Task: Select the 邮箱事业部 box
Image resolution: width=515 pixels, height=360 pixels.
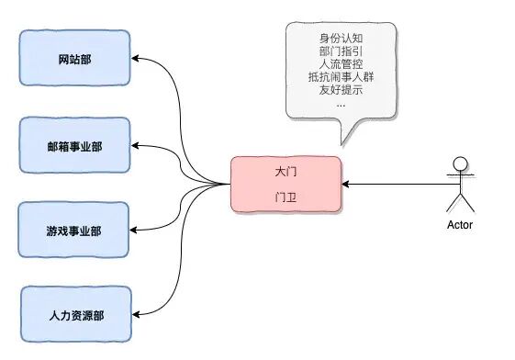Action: [76, 144]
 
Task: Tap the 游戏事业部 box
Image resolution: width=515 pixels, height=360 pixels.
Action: [76, 230]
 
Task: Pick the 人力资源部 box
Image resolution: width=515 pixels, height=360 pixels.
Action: [76, 314]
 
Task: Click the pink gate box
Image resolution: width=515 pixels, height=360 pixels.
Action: [285, 184]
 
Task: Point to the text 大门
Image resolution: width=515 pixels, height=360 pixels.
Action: [285, 172]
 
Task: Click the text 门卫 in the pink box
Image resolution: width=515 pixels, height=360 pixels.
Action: [285, 197]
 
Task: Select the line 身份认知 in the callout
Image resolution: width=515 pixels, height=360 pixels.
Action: [341, 38]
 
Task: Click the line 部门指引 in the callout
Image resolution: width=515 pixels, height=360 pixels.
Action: [341, 51]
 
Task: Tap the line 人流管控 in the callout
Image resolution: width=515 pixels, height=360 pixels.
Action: [341, 64]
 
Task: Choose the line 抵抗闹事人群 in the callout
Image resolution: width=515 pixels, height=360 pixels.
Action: [341, 77]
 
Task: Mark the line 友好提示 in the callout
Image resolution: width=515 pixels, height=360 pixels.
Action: [341, 90]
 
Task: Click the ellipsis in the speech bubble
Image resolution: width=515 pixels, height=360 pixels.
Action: [341, 103]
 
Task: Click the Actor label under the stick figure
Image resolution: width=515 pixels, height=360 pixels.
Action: [459, 224]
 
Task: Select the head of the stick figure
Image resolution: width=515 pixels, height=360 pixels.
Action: [459, 165]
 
